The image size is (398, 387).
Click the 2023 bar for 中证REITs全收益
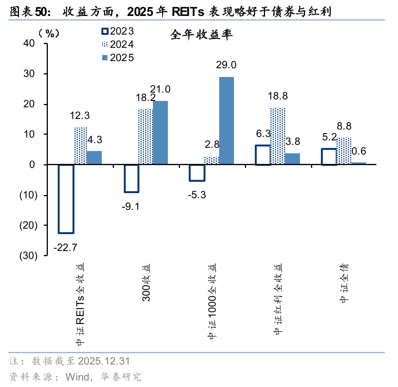(66, 199)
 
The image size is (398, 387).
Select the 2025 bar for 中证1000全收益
(226, 121)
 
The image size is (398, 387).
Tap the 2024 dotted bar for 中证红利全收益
(278, 136)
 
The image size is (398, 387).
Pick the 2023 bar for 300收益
(132, 178)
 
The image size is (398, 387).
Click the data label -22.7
(65, 248)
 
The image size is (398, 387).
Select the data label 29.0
(226, 65)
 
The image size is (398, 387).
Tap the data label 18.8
(278, 96)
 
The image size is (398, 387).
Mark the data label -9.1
(132, 207)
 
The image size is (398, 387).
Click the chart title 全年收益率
(201, 35)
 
